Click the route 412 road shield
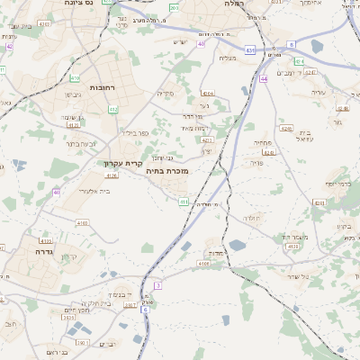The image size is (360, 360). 113,109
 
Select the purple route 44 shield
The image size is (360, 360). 264,78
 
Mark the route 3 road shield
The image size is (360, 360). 157,285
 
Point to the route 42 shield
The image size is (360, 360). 10,46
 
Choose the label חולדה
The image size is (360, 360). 251,218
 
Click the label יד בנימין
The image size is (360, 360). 120,293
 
